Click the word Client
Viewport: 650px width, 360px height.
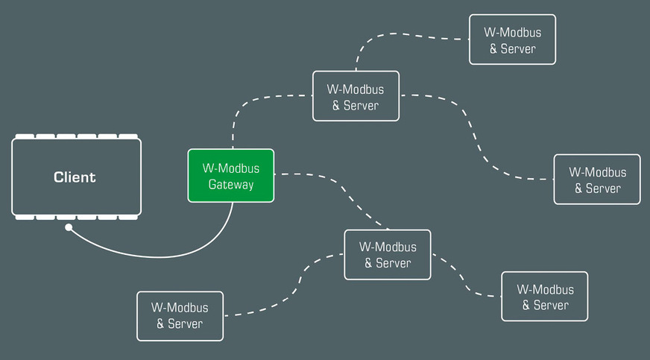click(75, 177)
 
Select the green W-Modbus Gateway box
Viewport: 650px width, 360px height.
click(230, 175)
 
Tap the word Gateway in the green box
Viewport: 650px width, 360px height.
click(230, 185)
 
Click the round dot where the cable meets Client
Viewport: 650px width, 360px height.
click(69, 227)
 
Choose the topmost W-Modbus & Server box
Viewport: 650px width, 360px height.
click(512, 40)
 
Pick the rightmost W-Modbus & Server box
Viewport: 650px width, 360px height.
click(596, 179)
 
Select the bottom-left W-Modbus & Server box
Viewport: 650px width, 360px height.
click(180, 315)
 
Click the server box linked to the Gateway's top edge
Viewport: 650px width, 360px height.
click(356, 96)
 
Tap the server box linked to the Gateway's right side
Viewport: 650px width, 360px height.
click(387, 255)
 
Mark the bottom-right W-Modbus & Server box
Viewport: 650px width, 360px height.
click(544, 297)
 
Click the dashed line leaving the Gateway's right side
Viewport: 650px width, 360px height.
click(328, 179)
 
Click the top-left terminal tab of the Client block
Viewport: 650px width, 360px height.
click(25, 136)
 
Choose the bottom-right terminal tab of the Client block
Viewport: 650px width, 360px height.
click(128, 217)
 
